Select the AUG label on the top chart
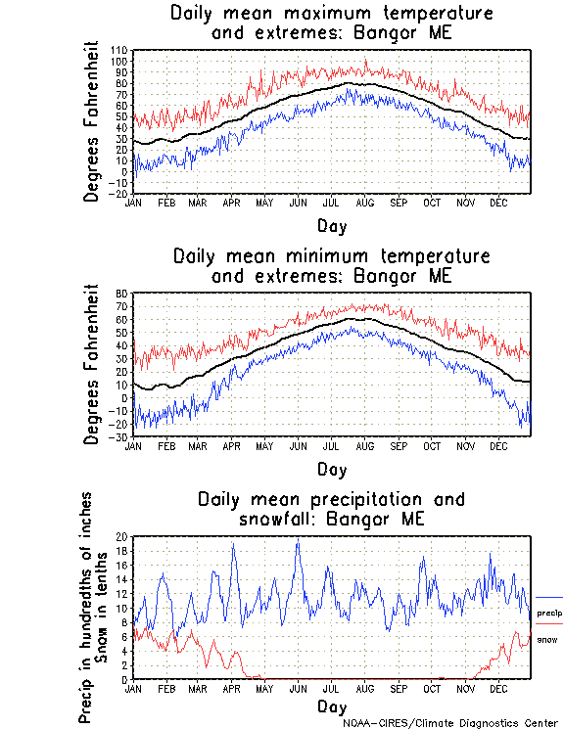[x=365, y=203]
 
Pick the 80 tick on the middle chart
[x=122, y=294]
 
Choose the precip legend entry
[x=550, y=612]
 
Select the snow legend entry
[x=546, y=639]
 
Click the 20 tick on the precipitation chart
[x=122, y=536]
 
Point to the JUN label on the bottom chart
[x=298, y=688]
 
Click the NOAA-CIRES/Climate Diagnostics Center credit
[x=452, y=722]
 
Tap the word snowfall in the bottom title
[x=284, y=519]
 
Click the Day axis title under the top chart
[x=332, y=226]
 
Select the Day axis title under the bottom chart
[x=332, y=706]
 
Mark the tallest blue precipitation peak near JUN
[x=297, y=541]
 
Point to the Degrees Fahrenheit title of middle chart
[x=92, y=364]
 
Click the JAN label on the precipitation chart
[x=133, y=688]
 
